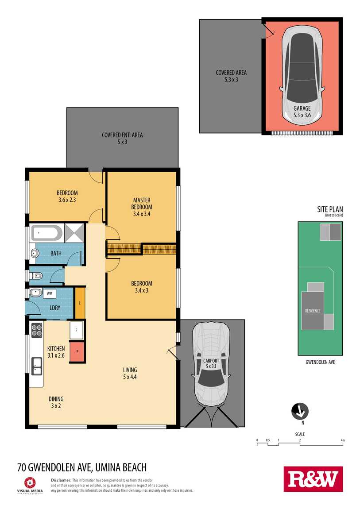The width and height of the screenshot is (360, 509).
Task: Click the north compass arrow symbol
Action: tap(300, 411)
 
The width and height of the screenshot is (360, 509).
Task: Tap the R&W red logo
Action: tap(313, 479)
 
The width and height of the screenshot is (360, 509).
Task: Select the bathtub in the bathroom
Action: tap(47, 233)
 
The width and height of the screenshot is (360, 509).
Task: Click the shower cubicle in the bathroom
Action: tap(74, 232)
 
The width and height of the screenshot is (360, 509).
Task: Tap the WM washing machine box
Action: tap(49, 293)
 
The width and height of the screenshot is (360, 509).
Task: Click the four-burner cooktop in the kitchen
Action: tap(37, 331)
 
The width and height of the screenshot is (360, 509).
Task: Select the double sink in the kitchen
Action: tap(37, 366)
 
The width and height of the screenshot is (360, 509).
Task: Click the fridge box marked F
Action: tap(77, 331)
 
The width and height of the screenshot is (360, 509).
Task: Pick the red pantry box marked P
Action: tap(77, 351)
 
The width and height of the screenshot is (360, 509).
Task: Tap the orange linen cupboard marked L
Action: tap(80, 303)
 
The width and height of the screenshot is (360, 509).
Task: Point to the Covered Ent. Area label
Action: tap(122, 135)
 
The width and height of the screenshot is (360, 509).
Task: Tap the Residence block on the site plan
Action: tap(313, 311)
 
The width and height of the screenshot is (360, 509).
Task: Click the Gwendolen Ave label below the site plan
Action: tap(321, 362)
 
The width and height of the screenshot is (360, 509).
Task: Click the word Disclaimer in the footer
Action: tap(61, 480)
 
